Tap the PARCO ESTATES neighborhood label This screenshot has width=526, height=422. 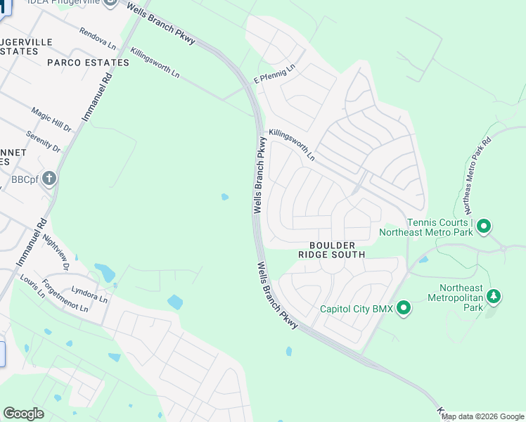pyautogui.click(x=88, y=63)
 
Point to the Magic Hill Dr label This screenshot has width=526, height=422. pyautogui.click(x=51, y=120)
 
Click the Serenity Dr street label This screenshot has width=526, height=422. pyautogui.click(x=43, y=141)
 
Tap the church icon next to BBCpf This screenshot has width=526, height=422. pyautogui.click(x=49, y=178)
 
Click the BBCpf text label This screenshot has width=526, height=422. pyautogui.click(x=23, y=179)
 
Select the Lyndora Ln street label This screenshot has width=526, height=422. pyautogui.click(x=90, y=294)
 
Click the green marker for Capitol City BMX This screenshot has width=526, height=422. pyautogui.click(x=404, y=308)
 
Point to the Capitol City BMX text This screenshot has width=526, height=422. pyautogui.click(x=355, y=309)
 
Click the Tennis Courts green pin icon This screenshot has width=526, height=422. pyautogui.click(x=483, y=226)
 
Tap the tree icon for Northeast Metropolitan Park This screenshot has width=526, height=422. pyautogui.click(x=494, y=297)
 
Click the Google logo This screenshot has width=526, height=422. pyautogui.click(x=23, y=414)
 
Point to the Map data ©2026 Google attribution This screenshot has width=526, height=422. pyautogui.click(x=483, y=417)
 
